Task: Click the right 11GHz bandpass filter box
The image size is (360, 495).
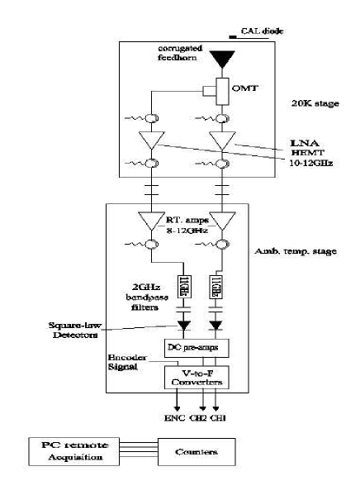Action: tap(220, 286)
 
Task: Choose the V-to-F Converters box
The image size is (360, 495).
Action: tap(197, 376)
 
